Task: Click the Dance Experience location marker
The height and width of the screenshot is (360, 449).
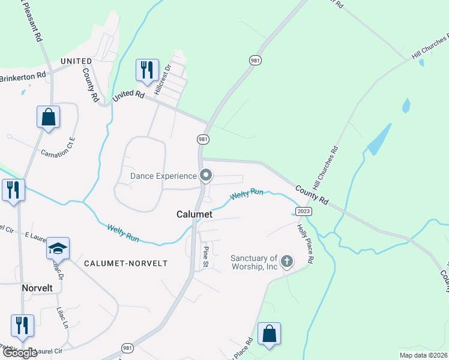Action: [x=206, y=176]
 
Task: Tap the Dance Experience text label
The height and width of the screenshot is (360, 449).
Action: [x=164, y=176]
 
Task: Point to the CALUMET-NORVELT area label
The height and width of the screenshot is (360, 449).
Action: [x=125, y=263]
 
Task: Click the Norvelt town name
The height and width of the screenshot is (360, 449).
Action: [x=37, y=288]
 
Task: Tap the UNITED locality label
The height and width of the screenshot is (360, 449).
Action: [x=76, y=61]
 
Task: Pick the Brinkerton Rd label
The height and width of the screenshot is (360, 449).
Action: [x=23, y=76]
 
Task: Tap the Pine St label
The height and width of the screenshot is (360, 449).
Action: [x=205, y=256]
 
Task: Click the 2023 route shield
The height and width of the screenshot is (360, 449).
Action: [x=304, y=211]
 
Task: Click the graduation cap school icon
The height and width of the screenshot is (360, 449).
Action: [x=58, y=248]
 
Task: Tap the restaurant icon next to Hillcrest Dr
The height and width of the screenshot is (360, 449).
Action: [x=146, y=70]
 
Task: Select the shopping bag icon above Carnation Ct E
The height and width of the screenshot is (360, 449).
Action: [x=48, y=117]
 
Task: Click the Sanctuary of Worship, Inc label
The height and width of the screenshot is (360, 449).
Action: [x=255, y=262]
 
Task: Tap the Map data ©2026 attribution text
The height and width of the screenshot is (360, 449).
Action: [x=423, y=355]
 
